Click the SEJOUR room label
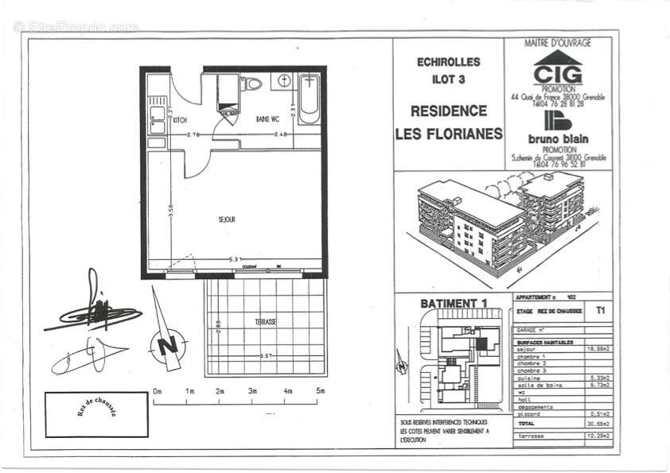tap(227, 219)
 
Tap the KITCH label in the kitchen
tap(180, 120)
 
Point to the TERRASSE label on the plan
tap(266, 322)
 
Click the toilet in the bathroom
tap(252, 83)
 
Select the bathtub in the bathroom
tap(309, 99)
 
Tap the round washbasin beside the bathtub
tap(283, 80)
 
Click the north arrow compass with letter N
tap(168, 346)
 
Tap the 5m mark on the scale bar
tap(320, 391)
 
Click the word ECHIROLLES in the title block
tap(449, 62)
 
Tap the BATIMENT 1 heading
tap(452, 303)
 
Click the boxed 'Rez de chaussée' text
tap(96, 413)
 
